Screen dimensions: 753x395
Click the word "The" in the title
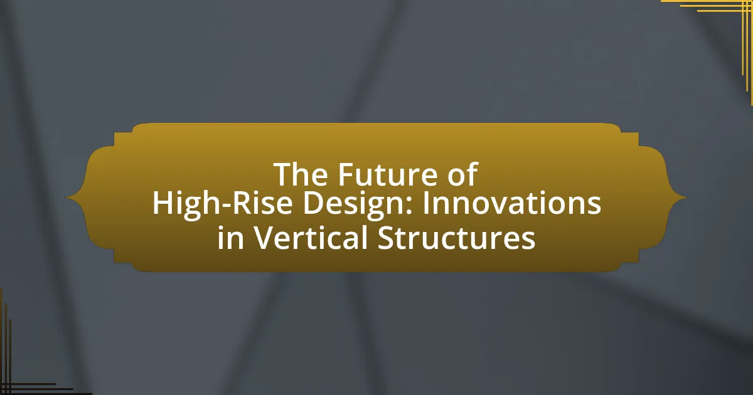301,174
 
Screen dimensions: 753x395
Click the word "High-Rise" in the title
222,204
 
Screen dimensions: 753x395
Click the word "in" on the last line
230,237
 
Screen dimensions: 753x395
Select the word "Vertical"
309,237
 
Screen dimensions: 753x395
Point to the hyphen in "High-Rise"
225,205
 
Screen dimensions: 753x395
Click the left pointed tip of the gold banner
67,198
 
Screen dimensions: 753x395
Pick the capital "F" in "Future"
346,174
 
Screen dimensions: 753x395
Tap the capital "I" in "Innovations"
425,204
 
